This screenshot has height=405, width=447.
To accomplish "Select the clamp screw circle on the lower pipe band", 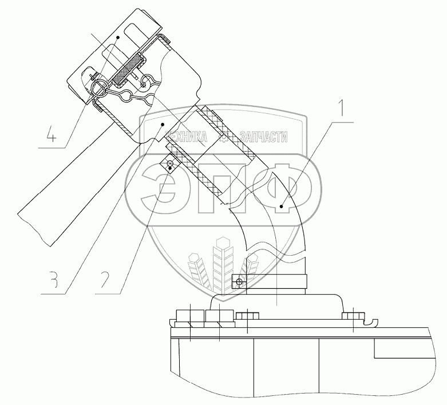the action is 239,282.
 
